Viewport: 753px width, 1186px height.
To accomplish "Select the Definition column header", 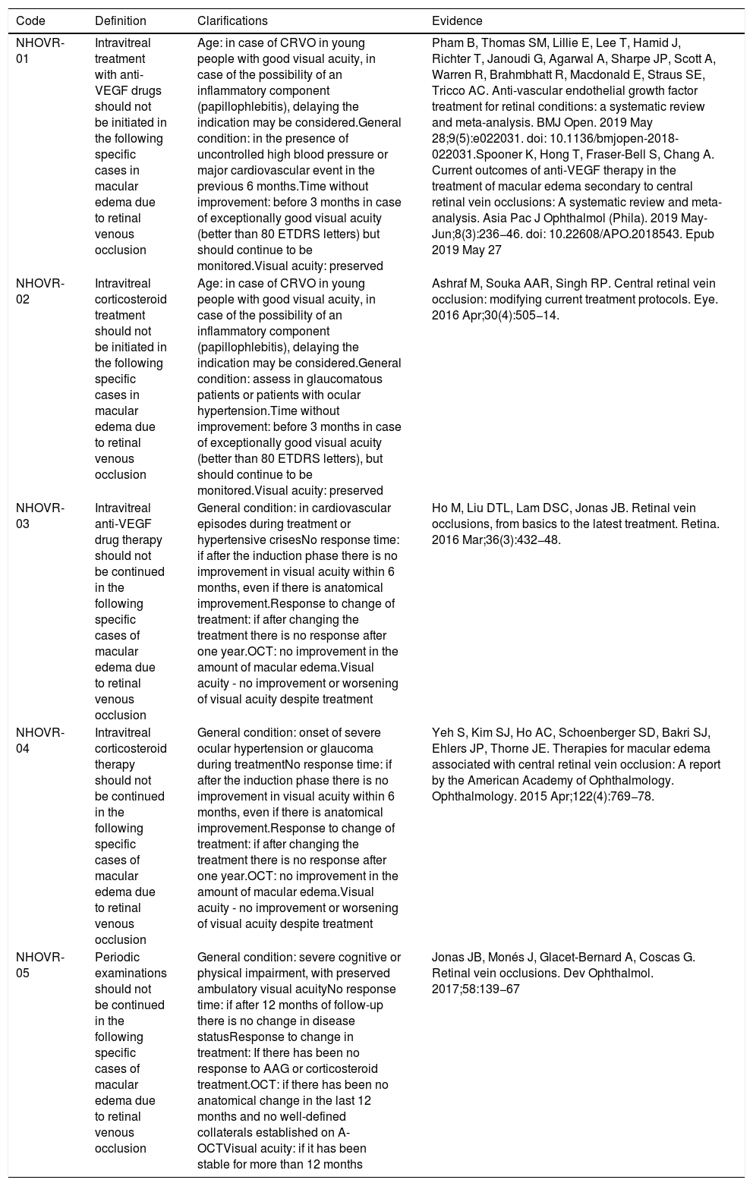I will pyautogui.click(x=120, y=21).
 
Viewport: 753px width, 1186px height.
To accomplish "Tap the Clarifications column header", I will pyautogui.click(x=232, y=21).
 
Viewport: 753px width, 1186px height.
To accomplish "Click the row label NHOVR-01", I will pyautogui.click(x=40, y=51).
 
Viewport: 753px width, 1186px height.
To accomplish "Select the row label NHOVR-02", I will pyautogui.click(x=40, y=291).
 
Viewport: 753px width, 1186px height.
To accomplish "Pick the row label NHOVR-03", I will pyautogui.click(x=40, y=515).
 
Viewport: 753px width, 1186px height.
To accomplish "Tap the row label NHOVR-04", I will pyautogui.click(x=40, y=740).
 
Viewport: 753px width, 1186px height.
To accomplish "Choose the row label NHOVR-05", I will pyautogui.click(x=40, y=964).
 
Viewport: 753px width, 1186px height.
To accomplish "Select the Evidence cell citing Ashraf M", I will pyautogui.click(x=574, y=299).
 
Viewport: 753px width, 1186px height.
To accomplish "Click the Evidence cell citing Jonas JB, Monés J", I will pyautogui.click(x=562, y=972).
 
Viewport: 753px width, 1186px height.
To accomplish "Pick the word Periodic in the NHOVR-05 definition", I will pyautogui.click(x=117, y=957).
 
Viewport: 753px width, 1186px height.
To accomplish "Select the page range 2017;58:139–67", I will pyautogui.click(x=476, y=989).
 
